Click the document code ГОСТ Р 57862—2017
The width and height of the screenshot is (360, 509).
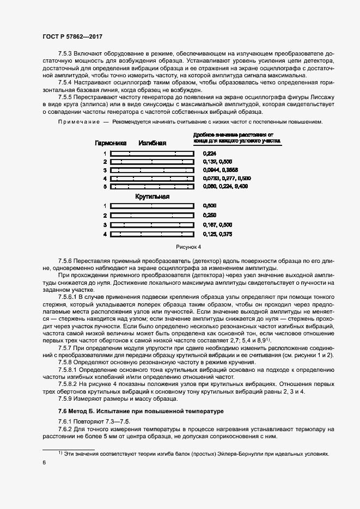click(72, 36)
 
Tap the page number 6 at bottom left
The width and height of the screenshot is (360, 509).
click(44, 462)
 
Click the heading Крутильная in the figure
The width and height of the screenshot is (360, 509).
click(152, 196)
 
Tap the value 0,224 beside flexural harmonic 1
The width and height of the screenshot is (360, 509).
click(209, 154)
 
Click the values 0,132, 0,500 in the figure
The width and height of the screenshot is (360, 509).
click(217, 162)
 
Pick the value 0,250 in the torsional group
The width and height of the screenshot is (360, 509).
click(209, 215)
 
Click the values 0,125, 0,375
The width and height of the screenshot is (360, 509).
click(217, 234)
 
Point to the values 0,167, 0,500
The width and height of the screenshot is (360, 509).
click(217, 225)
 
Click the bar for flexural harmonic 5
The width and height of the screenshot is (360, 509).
click(152, 187)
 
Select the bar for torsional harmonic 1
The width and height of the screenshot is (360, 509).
click(152, 206)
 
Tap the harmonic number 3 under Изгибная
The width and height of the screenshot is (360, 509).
click(105, 170)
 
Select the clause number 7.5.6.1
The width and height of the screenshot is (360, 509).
click(69, 297)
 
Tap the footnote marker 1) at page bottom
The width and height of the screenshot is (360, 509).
click(60, 452)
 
